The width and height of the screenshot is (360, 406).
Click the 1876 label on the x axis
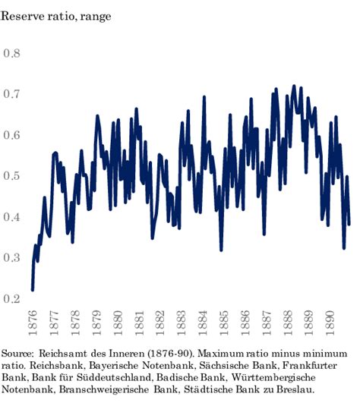[32, 323]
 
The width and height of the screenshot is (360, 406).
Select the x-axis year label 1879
[96, 323]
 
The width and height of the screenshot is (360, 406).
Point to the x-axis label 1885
[225, 323]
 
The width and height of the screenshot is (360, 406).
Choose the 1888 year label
[289, 323]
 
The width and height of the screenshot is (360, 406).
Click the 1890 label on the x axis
[332, 323]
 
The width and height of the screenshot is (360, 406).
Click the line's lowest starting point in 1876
[33, 288]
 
